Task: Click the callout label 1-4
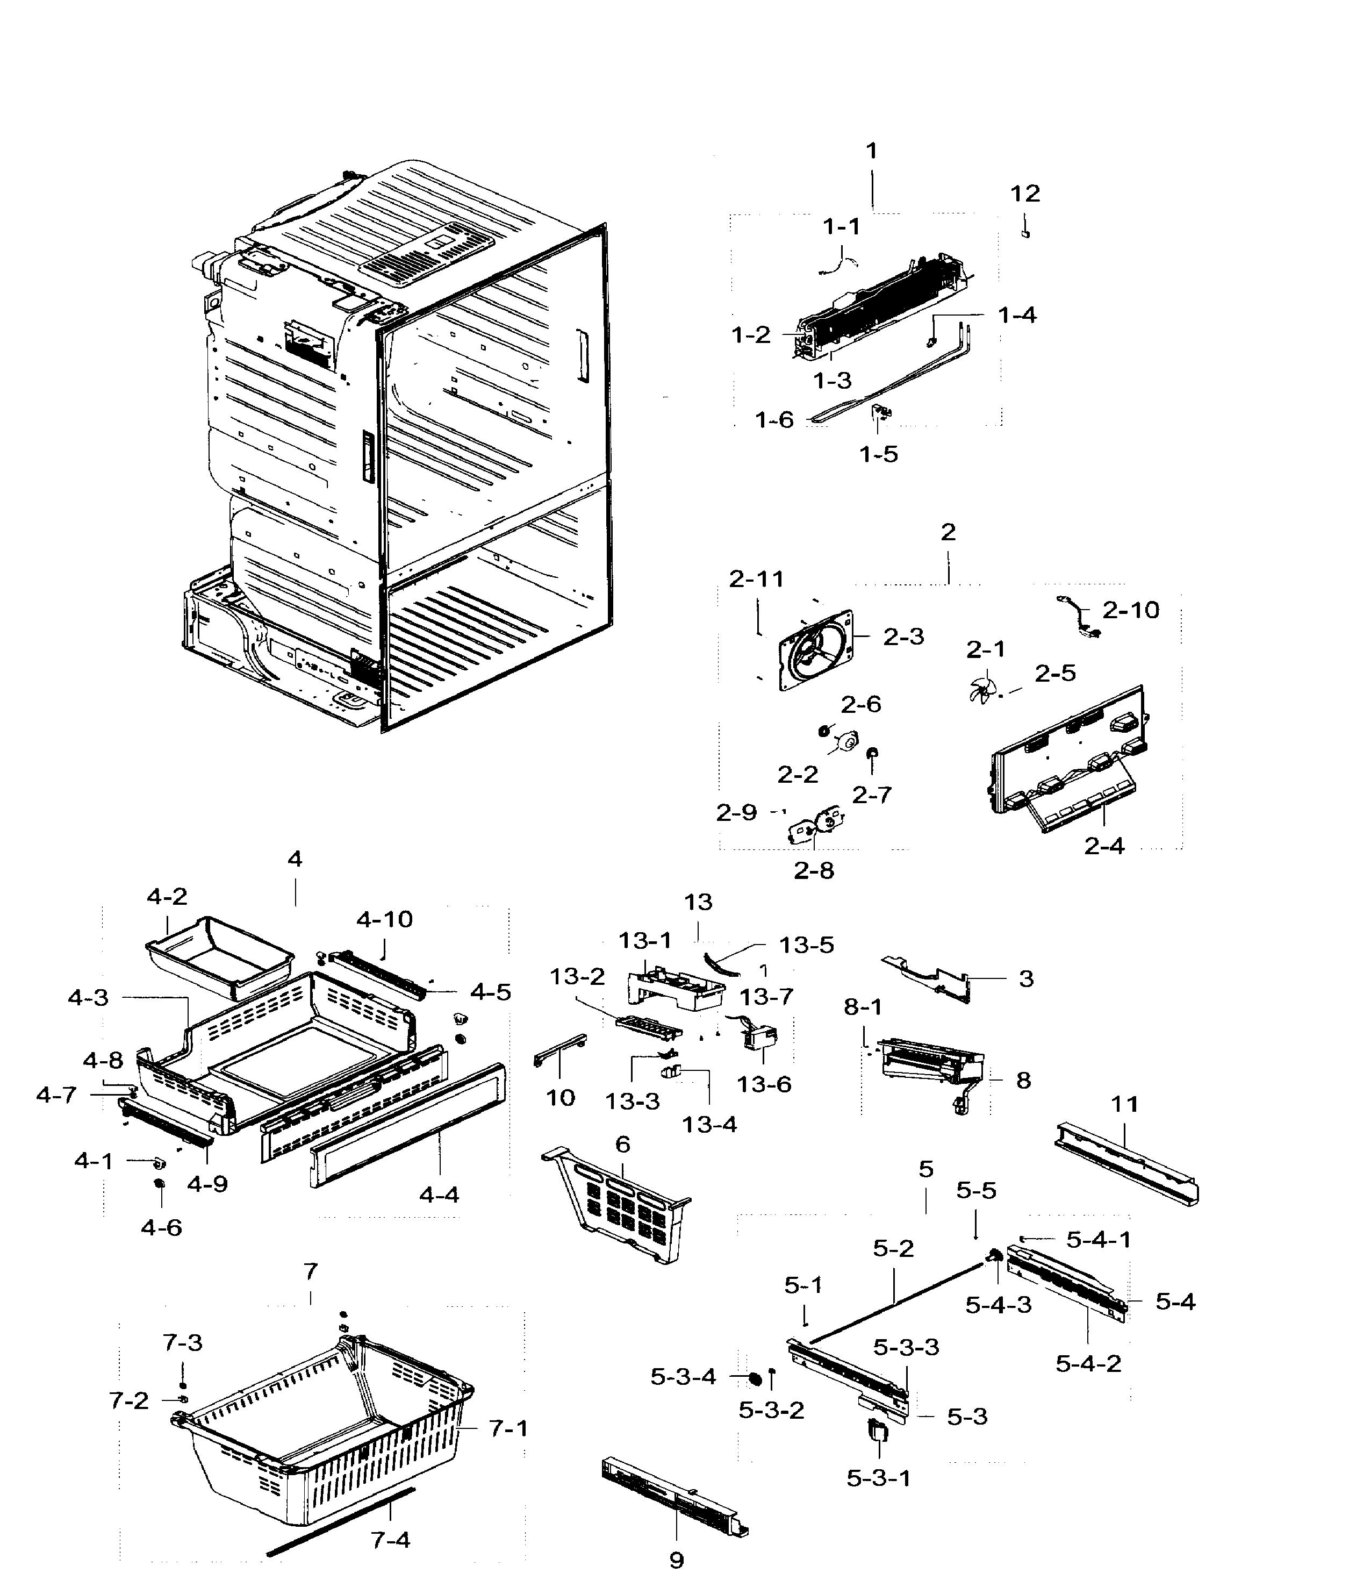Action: point(1016,315)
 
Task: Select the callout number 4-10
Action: point(384,919)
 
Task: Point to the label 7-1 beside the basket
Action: point(508,1429)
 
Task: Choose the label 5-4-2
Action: point(1088,1363)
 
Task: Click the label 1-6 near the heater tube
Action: point(773,420)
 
